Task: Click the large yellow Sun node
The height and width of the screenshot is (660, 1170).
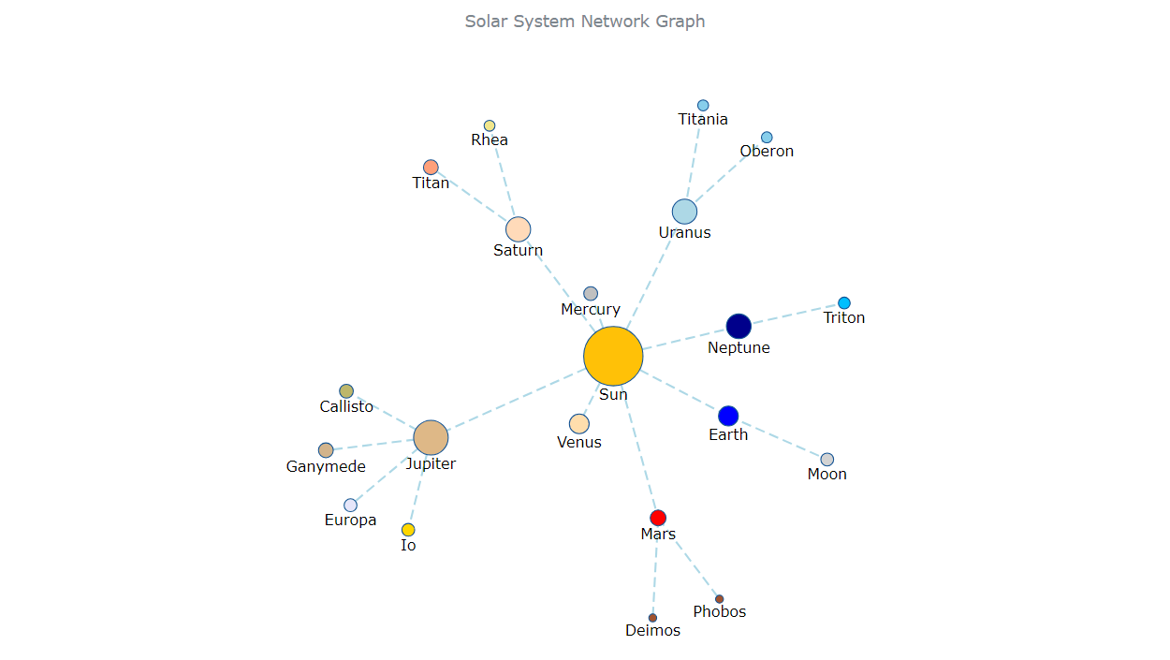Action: [613, 356]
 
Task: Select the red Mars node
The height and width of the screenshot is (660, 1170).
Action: [658, 518]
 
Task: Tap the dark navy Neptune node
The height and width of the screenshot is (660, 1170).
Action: [739, 326]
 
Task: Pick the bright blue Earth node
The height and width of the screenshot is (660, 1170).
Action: [728, 416]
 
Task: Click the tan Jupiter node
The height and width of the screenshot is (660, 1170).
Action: [431, 438]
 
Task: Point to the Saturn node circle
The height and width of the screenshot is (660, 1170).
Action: [518, 229]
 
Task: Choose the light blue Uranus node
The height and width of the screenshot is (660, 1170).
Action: [684, 212]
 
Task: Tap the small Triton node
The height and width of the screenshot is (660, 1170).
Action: [844, 302]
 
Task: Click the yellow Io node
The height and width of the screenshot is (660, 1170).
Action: [408, 530]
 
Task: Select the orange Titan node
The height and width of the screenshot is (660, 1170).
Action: [431, 167]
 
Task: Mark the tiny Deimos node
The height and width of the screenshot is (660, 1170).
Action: [652, 618]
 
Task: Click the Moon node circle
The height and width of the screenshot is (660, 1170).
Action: [827, 460]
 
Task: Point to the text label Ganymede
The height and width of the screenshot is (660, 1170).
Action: [326, 466]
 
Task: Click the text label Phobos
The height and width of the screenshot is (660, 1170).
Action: [720, 612]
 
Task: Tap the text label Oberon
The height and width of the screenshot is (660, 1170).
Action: [767, 152]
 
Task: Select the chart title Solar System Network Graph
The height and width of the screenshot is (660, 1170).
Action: [585, 22]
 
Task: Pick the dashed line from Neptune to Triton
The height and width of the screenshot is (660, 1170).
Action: [796, 314]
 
